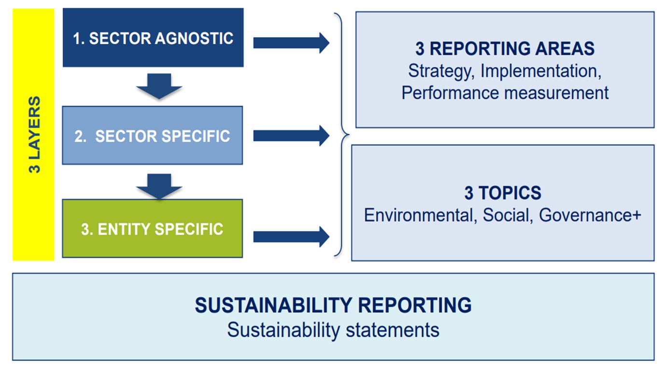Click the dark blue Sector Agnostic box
pos(153,37)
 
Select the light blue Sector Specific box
pos(153,135)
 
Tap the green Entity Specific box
pos(153,228)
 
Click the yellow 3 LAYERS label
pos(33,134)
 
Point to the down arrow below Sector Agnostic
pos(159,86)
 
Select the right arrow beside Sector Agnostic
pos(291,43)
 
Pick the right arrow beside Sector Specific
pos(291,136)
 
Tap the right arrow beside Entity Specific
pos(291,237)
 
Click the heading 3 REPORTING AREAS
pos(505,48)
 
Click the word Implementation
pos(541,72)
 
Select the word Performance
pos(450,93)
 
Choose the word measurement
pos(556,93)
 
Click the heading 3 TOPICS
pos(503,192)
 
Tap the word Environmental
pos(420,215)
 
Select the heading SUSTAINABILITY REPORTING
pos(333,305)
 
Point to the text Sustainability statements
pos(333,330)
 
